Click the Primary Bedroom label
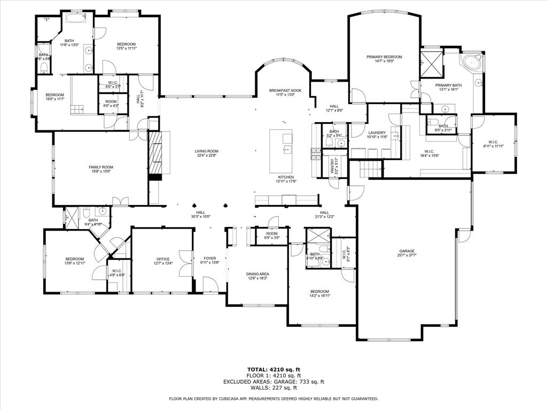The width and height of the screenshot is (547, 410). (x=384, y=57)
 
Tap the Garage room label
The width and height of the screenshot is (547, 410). (x=407, y=251)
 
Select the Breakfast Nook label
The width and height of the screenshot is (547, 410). (x=285, y=90)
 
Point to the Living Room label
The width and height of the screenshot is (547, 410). (x=206, y=151)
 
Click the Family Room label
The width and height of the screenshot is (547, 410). (x=101, y=167)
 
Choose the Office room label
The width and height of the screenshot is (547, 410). (x=163, y=259)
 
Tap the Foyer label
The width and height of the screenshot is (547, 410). (x=209, y=258)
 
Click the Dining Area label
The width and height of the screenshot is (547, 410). (x=257, y=274)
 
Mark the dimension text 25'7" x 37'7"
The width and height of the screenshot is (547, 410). (x=407, y=256)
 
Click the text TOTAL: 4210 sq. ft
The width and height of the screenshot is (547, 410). (x=273, y=369)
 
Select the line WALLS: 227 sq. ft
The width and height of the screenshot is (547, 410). (x=273, y=388)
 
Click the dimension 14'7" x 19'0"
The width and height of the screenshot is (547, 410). (x=384, y=61)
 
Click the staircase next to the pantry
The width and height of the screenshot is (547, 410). (x=368, y=170)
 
